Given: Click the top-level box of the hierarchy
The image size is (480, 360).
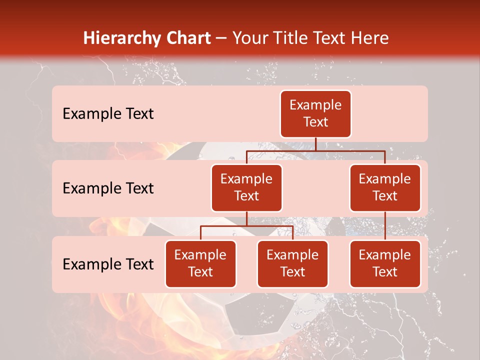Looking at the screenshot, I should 315,114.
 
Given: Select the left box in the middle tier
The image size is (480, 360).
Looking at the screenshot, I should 246,187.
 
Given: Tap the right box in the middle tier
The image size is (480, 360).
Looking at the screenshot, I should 385,187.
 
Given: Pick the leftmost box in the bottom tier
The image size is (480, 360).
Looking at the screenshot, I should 200,263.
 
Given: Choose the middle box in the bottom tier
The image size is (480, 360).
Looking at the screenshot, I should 292,263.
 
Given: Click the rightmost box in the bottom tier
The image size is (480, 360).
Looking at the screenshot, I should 385,263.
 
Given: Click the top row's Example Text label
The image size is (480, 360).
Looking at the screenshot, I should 108,114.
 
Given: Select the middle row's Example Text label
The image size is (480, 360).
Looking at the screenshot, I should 108,188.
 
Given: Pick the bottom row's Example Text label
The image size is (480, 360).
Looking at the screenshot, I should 108,264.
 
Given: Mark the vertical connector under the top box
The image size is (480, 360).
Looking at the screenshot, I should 315,144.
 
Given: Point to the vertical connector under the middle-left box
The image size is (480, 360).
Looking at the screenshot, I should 246,219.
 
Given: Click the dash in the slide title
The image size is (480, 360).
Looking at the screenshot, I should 221,38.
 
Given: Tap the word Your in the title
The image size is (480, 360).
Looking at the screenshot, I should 250,38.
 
